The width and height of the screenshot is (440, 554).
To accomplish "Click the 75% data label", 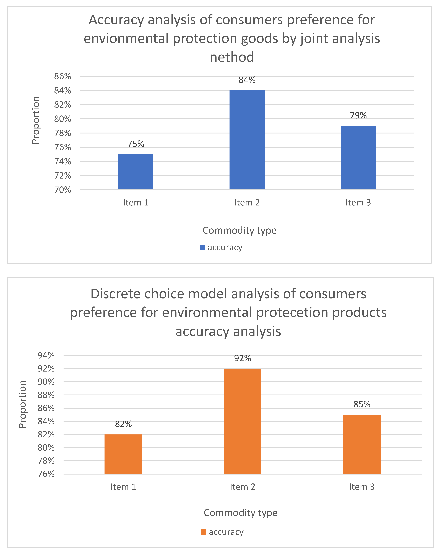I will point(136,144).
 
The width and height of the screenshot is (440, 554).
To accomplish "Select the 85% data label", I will point(362,404).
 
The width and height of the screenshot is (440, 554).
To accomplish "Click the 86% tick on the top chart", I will point(62,76).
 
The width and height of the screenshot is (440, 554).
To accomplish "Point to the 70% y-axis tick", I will point(62,190).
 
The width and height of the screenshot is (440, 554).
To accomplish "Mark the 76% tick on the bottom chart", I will point(46,474).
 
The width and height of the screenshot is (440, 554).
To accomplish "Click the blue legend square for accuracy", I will point(202,248).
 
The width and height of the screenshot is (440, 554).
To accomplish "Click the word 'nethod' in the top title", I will point(232,57).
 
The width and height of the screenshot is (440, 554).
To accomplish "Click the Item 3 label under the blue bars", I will point(358,202).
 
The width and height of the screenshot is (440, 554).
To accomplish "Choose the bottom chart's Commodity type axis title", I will point(240,513).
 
